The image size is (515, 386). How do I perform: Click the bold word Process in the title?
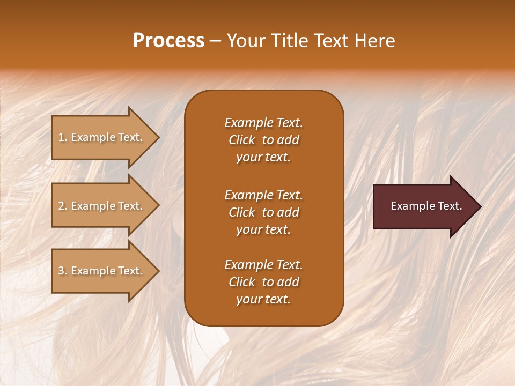pos(168,41)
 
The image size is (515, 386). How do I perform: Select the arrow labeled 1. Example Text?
pos(102,137)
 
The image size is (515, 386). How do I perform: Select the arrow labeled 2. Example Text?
pos(102,206)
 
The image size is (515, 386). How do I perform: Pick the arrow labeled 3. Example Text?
pos(102,271)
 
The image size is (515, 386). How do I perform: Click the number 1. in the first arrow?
pos(63,137)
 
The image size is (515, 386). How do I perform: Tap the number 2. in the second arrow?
pos(63,206)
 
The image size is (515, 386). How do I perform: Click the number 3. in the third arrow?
pos(63,271)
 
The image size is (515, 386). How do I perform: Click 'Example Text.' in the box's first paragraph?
pos(263,123)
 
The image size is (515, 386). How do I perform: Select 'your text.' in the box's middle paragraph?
pos(263,229)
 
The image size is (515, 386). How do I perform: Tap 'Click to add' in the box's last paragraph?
pos(263,282)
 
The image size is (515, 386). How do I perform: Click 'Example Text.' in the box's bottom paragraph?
pos(263,265)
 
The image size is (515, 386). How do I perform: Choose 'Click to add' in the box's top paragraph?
pos(263,140)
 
